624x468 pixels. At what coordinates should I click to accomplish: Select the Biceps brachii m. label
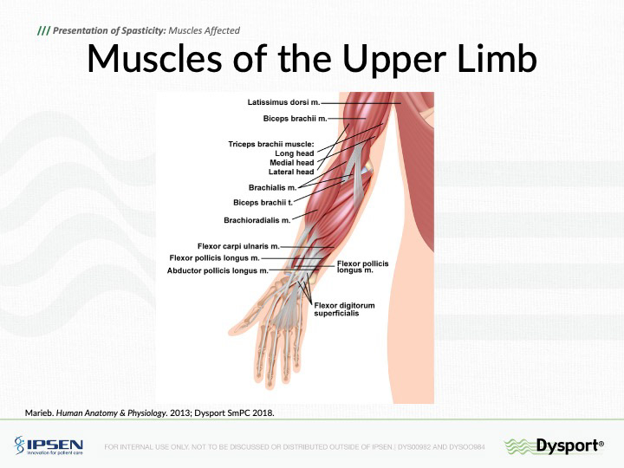tap(294, 118)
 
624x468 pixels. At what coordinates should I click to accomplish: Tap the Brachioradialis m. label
tap(257, 219)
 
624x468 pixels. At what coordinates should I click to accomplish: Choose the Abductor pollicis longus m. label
tap(218, 270)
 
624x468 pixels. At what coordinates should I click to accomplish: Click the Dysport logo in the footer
tap(554, 446)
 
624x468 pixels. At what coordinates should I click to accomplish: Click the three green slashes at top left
tap(43, 31)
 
